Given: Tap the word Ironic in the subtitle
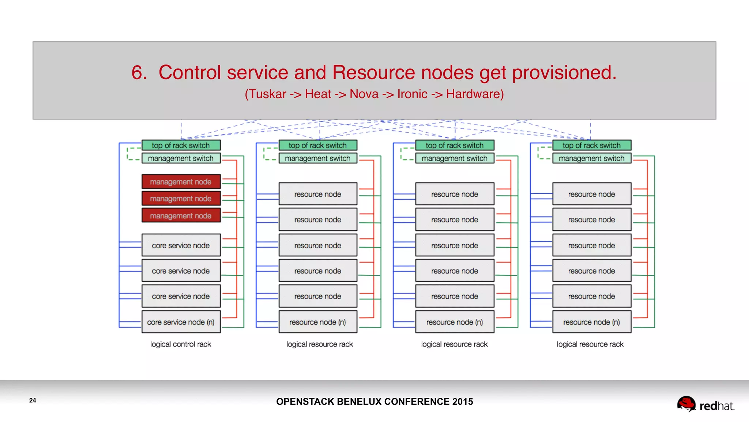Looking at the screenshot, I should [x=412, y=94].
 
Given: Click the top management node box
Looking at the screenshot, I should [x=181, y=182].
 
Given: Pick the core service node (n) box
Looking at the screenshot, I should [x=181, y=322].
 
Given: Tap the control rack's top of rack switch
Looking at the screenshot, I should [x=181, y=145].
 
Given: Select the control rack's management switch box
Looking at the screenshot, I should [x=181, y=158].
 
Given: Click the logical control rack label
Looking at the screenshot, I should [x=181, y=344].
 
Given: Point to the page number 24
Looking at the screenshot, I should [x=33, y=400].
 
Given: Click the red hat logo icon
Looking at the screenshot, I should [x=686, y=404].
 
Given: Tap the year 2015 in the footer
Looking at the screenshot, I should [x=462, y=402].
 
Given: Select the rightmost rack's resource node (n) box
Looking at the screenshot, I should [x=591, y=322].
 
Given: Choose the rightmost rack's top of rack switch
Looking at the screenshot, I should [x=591, y=145].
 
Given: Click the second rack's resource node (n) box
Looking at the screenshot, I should [x=317, y=322].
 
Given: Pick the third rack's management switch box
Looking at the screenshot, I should [x=455, y=158].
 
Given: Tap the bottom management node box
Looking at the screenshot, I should [x=181, y=216].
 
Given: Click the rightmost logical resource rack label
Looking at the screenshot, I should [x=590, y=344].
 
